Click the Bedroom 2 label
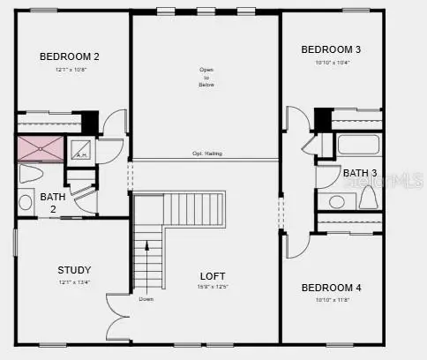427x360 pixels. [x=70, y=56]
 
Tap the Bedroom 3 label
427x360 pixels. [x=331, y=49]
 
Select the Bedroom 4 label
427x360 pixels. [x=331, y=288]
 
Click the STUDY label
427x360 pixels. [x=74, y=270]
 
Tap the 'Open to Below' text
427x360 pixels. [x=207, y=78]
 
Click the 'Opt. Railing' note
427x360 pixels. [x=207, y=154]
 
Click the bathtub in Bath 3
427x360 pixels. [x=358, y=145]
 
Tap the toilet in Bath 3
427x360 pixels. [x=368, y=198]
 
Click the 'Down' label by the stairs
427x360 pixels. [x=146, y=298]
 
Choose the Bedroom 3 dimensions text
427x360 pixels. [x=331, y=63]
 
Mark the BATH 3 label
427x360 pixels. [x=360, y=173]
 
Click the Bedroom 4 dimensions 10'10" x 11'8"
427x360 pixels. [x=331, y=300]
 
